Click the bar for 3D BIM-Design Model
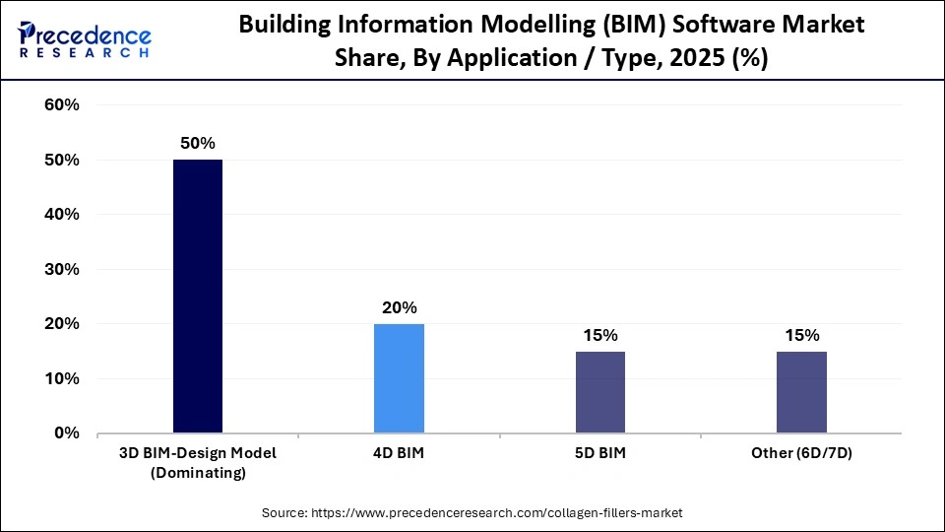pyautogui.click(x=198, y=296)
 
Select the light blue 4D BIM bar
pyautogui.click(x=399, y=378)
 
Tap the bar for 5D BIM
pyautogui.click(x=599, y=392)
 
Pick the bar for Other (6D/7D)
pyautogui.click(x=801, y=392)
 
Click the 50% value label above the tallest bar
pyautogui.click(x=198, y=144)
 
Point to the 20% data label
pyautogui.click(x=399, y=308)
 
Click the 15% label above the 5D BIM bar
pyautogui.click(x=599, y=336)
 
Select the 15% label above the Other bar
pyautogui.click(x=801, y=336)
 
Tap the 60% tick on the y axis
pyautogui.click(x=62, y=105)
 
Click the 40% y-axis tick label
pyautogui.click(x=62, y=215)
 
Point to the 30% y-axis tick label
pyautogui.click(x=62, y=269)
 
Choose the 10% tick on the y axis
pyautogui.click(x=62, y=378)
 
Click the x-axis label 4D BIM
pyautogui.click(x=399, y=453)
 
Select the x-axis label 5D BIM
pyautogui.click(x=599, y=453)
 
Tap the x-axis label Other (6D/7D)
pyautogui.click(x=801, y=453)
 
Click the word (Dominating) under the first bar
pyautogui.click(x=198, y=473)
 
